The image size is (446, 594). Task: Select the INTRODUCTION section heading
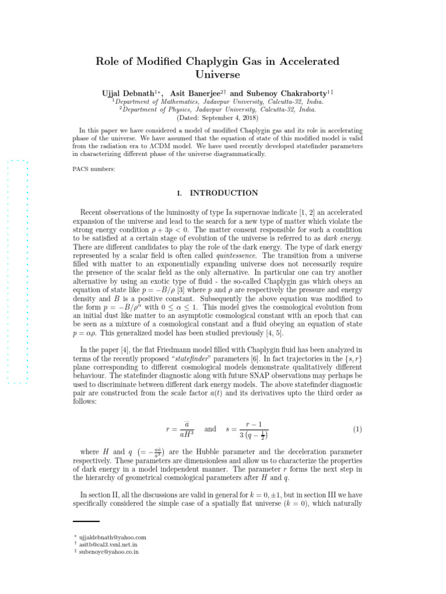click(x=224, y=193)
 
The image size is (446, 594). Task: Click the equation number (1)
click(x=358, y=429)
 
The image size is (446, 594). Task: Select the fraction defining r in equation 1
click(x=185, y=429)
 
